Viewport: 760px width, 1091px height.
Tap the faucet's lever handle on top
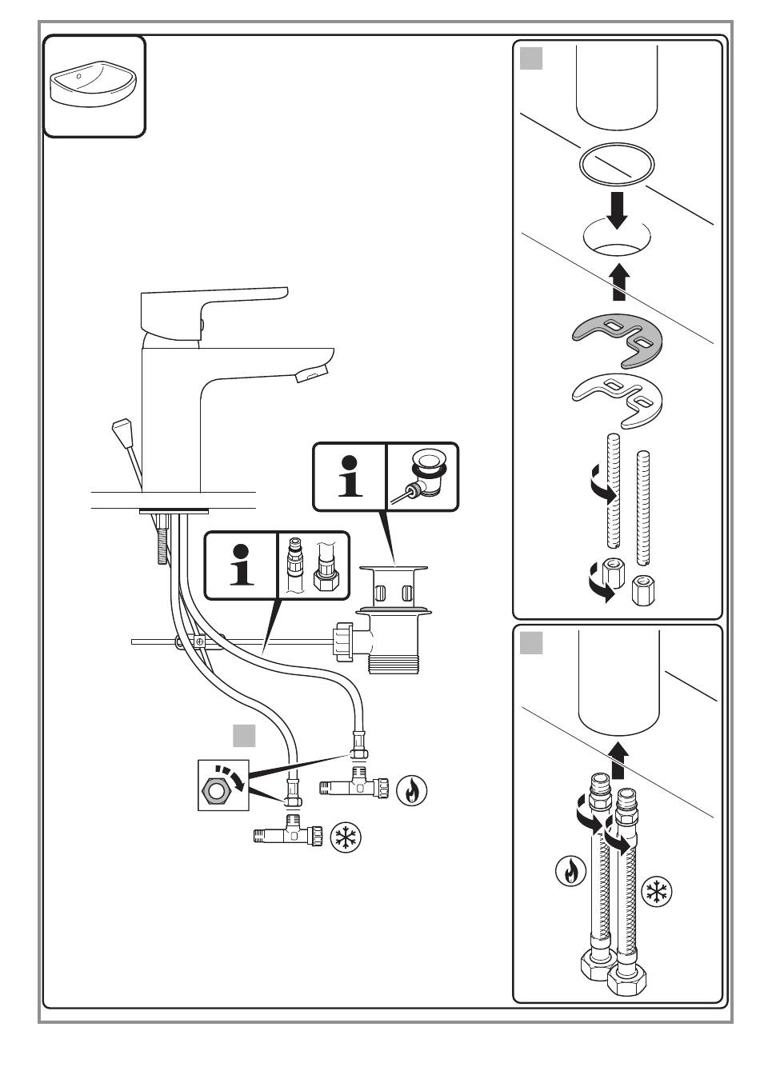[210, 312]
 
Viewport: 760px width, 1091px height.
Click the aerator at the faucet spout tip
[312, 374]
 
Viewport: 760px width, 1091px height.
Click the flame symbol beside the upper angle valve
[412, 790]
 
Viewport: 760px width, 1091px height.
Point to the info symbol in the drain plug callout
[350, 477]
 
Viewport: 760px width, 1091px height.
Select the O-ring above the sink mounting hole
[616, 164]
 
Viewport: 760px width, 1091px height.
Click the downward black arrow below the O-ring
[618, 210]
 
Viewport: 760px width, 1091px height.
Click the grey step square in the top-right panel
[531, 58]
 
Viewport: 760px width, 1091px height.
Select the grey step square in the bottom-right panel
[531, 643]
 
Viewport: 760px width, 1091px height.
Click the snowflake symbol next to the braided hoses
[656, 891]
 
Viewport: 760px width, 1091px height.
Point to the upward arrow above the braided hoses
[618, 761]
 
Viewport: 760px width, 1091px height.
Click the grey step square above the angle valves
[244, 735]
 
